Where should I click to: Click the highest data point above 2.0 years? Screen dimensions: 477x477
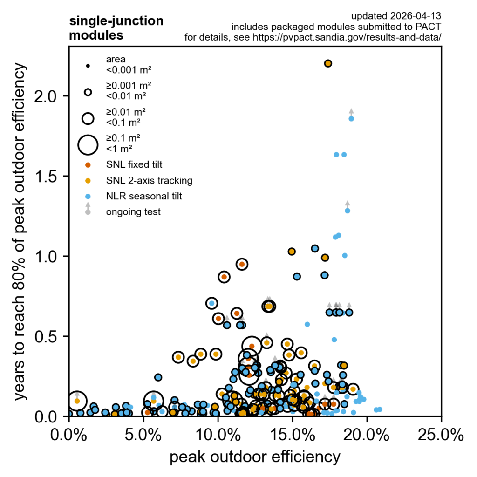pos(328,63)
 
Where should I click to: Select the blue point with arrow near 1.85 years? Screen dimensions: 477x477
pos(351,119)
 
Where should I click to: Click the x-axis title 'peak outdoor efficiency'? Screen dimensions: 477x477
pos(255,457)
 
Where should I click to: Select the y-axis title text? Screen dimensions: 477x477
pos(20,232)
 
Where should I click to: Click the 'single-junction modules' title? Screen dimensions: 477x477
pos(116,28)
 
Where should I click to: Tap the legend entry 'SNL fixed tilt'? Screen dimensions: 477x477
pos(134,164)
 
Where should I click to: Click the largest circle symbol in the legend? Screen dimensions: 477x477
pos(88,144)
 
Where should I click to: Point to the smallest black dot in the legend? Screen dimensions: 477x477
pos(88,66)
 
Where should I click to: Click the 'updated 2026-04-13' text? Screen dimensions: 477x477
pos(396,17)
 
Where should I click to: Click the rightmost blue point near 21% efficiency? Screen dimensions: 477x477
pos(380,409)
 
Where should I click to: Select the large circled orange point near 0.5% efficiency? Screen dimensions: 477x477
pos(77,401)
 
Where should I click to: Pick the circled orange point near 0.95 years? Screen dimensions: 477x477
pos(241,264)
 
